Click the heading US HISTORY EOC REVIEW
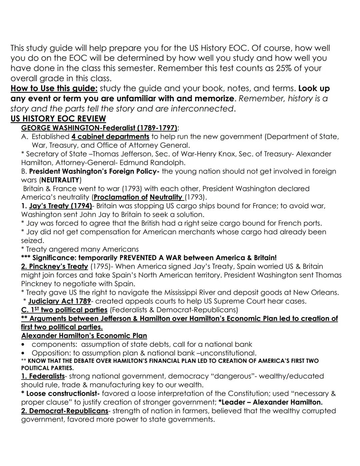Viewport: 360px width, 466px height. pyautogui.click(x=58, y=119)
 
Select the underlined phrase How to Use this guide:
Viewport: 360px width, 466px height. pyautogui.click(x=54, y=89)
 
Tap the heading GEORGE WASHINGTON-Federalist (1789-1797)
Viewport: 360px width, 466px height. pyautogui.click(x=99, y=128)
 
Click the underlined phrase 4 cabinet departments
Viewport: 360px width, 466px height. pyautogui.click(x=110, y=137)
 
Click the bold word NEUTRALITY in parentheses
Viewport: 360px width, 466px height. pyautogui.click(x=60, y=180)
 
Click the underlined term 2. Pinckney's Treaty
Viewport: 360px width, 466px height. pyautogui.click(x=54, y=267)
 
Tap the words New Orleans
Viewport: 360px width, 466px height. pyautogui.click(x=315, y=293)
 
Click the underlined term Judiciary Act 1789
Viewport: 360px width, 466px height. pyautogui.click(x=59, y=301)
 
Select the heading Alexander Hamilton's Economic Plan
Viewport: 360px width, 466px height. pyautogui.click(x=84, y=336)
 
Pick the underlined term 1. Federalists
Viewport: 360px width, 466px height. pyautogui.click(x=43, y=376)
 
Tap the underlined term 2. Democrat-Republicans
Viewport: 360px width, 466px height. pyautogui.click(x=64, y=411)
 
